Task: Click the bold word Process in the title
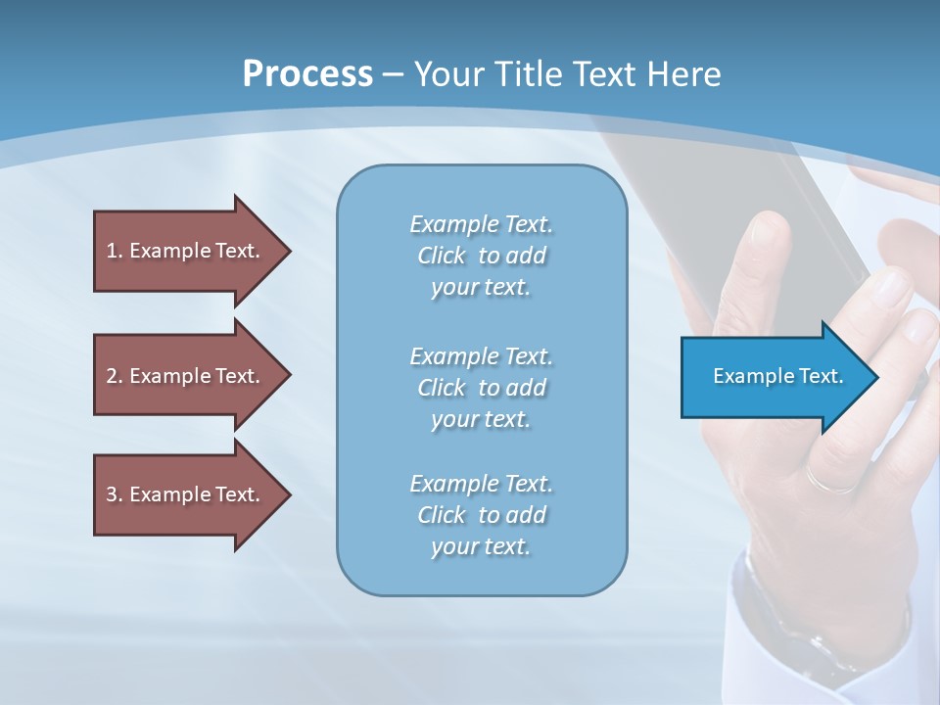pos(307,73)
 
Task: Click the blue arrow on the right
pos(774,377)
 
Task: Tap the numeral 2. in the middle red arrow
pos(114,376)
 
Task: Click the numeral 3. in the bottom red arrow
pos(114,494)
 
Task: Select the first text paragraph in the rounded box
pos(481,256)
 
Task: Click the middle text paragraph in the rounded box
pos(481,387)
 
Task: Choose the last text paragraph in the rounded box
pos(481,515)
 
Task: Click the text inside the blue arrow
pos(777,376)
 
